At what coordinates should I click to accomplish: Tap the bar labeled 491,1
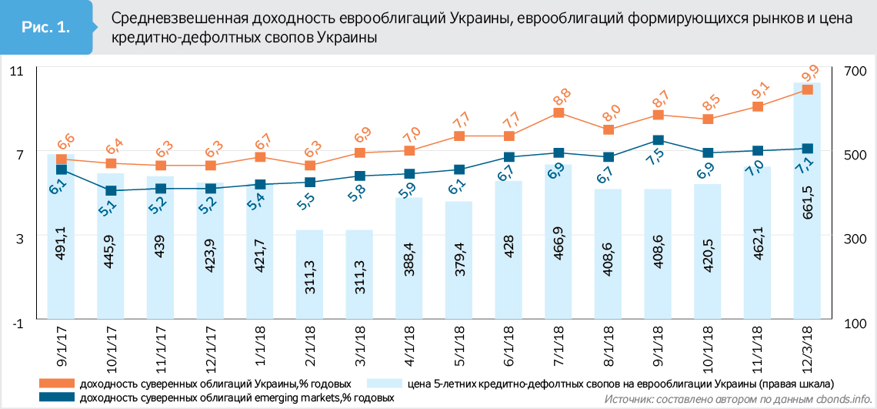(61, 246)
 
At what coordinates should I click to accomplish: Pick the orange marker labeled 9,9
(808, 90)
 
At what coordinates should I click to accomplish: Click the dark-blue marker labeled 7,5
(659, 140)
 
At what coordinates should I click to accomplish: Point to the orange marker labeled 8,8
(559, 113)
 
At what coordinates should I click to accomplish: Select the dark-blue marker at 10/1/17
(111, 191)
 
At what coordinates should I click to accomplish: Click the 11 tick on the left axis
(16, 70)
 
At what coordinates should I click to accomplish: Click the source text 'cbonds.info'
(839, 399)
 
